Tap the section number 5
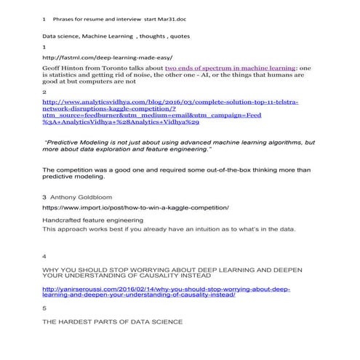tap(45, 307)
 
